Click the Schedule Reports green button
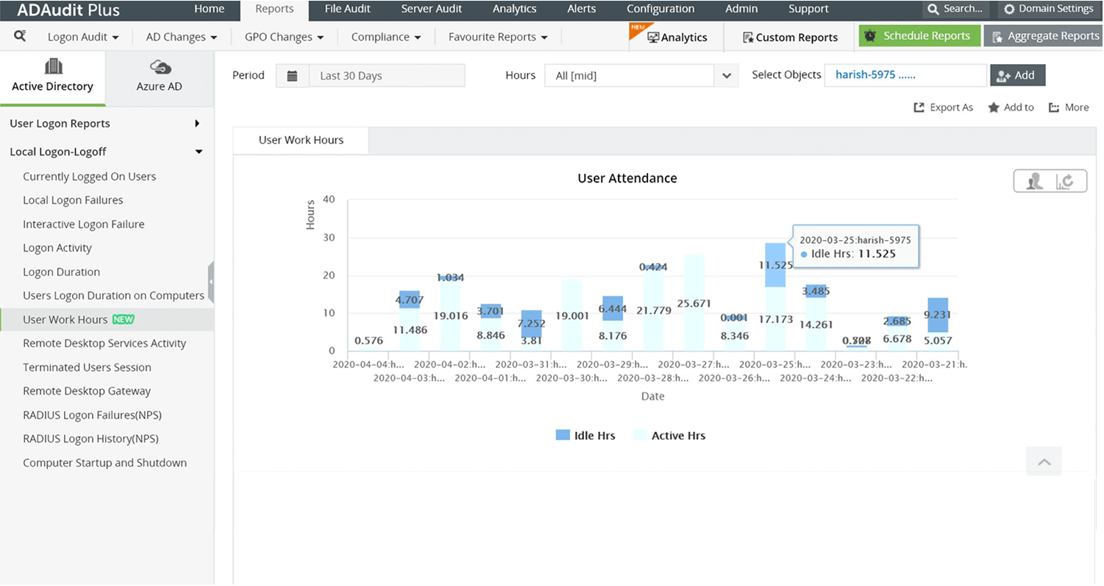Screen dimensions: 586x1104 click(919, 36)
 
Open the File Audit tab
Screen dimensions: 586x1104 click(347, 9)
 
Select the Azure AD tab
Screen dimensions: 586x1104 click(159, 77)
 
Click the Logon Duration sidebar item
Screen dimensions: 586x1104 click(61, 272)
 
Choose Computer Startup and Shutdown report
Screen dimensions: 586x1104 click(104, 463)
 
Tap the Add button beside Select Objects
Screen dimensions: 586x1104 click(1017, 75)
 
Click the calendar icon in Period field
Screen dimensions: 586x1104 click(292, 75)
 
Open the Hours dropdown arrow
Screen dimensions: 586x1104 click(726, 75)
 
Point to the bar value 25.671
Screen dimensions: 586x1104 click(694, 303)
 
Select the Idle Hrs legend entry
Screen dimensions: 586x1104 click(585, 436)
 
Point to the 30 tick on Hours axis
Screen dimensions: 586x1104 click(329, 237)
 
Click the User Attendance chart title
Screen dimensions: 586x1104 click(627, 178)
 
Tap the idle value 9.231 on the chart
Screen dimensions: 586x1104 click(936, 314)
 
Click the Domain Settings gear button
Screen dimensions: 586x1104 click(1049, 9)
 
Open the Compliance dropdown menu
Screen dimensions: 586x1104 click(385, 37)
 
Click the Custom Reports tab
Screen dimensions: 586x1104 click(789, 38)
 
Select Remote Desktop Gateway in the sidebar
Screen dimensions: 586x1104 click(87, 391)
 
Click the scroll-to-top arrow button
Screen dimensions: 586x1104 click(1044, 462)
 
